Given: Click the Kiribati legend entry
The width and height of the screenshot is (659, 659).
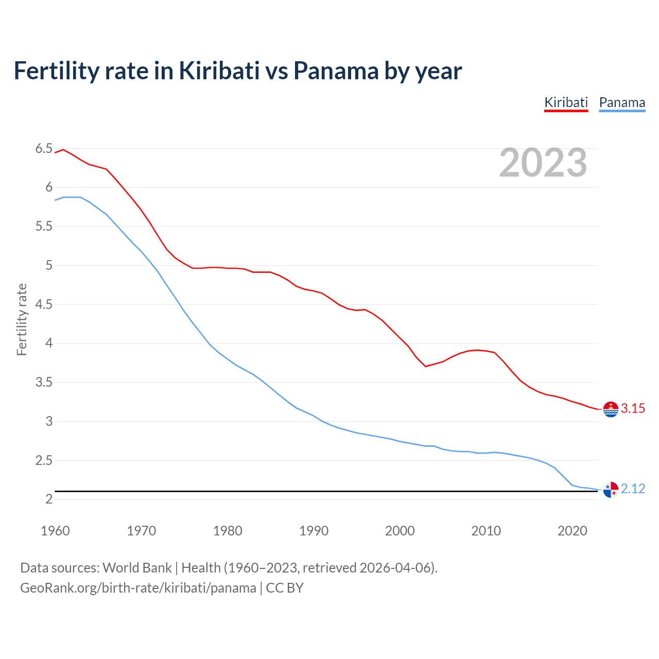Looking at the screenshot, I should [x=566, y=102].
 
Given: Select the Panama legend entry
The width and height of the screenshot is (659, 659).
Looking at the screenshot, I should [x=622, y=102].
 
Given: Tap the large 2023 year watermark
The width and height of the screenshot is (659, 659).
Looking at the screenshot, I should [x=543, y=163].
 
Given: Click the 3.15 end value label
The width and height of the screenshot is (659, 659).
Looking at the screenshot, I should [x=633, y=408].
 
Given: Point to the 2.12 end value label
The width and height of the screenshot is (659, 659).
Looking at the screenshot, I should [x=633, y=489].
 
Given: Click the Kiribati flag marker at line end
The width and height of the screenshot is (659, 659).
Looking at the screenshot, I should [x=611, y=409].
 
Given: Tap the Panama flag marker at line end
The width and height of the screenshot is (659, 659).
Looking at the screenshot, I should [x=611, y=490].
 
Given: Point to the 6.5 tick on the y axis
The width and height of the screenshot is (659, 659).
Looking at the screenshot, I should [x=44, y=149].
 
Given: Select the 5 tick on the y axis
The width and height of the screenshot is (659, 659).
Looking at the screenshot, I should [x=49, y=266].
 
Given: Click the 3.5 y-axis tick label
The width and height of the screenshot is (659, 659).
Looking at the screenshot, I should [x=44, y=383].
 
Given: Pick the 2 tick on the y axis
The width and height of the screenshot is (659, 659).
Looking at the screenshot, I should [x=49, y=499].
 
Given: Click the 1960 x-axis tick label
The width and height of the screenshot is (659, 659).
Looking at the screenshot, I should [x=55, y=531].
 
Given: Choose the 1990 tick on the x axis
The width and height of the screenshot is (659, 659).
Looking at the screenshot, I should [x=314, y=531].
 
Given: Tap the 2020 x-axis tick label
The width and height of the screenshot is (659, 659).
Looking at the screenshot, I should [x=572, y=531].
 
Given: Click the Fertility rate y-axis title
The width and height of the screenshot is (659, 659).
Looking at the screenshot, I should [x=22, y=319].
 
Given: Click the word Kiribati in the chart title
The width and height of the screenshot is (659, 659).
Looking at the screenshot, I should [x=219, y=71].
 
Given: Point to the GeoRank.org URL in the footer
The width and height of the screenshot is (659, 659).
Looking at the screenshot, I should [x=138, y=588].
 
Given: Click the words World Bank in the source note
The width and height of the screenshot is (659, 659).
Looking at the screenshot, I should [x=137, y=568].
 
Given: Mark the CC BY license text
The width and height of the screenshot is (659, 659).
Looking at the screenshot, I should [x=285, y=588].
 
